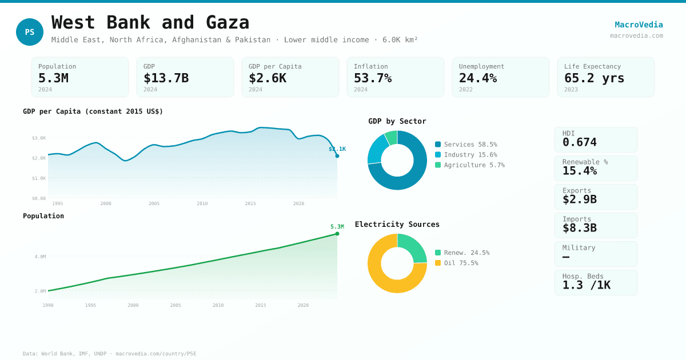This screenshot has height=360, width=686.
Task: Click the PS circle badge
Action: [x=30, y=32]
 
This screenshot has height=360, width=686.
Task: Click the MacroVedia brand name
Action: [x=639, y=25]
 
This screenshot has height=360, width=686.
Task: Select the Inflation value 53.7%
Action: [x=373, y=78]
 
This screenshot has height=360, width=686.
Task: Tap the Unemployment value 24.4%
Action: [x=478, y=78]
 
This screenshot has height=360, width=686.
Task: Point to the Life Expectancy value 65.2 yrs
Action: [x=594, y=78]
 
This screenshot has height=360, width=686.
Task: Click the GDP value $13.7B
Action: [x=166, y=78]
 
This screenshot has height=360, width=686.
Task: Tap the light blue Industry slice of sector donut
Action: [x=377, y=148]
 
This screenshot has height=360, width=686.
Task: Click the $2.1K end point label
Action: [x=337, y=149]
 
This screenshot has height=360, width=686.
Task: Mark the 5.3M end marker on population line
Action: [x=337, y=234]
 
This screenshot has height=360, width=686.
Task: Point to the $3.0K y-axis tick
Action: [x=39, y=138]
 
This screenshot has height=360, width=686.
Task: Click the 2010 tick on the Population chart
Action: [x=218, y=305]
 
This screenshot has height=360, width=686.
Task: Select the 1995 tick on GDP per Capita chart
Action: [x=58, y=203]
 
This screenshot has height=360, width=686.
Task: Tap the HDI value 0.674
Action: [x=579, y=142]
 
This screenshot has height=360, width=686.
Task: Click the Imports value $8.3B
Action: [x=579, y=228]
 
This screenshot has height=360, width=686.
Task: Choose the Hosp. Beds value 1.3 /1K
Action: [x=586, y=285]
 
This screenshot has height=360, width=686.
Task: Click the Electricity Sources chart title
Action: [x=397, y=225]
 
